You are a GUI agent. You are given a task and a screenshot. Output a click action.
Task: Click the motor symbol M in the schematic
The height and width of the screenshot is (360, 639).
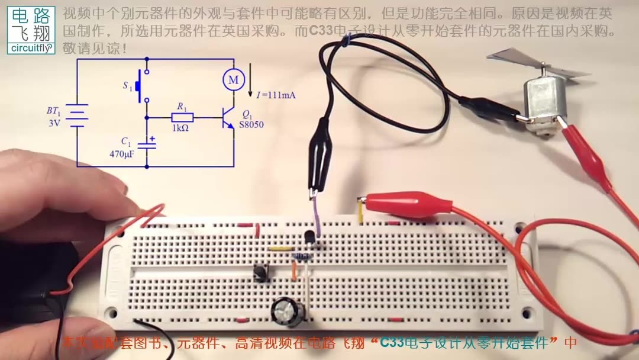click(233, 79)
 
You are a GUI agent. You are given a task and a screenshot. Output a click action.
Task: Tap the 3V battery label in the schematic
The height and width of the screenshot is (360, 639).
click(54, 124)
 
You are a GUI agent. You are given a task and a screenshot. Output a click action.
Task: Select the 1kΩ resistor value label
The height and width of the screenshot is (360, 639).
click(180, 128)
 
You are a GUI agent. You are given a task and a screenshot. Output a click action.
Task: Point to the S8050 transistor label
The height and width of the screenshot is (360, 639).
click(251, 125)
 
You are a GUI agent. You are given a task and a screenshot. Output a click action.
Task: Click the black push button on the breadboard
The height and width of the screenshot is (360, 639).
click(259, 274)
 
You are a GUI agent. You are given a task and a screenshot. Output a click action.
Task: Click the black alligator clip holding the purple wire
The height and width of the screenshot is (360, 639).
click(319, 155)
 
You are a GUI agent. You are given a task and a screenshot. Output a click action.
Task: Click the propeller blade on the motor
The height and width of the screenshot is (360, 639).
click(515, 59)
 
